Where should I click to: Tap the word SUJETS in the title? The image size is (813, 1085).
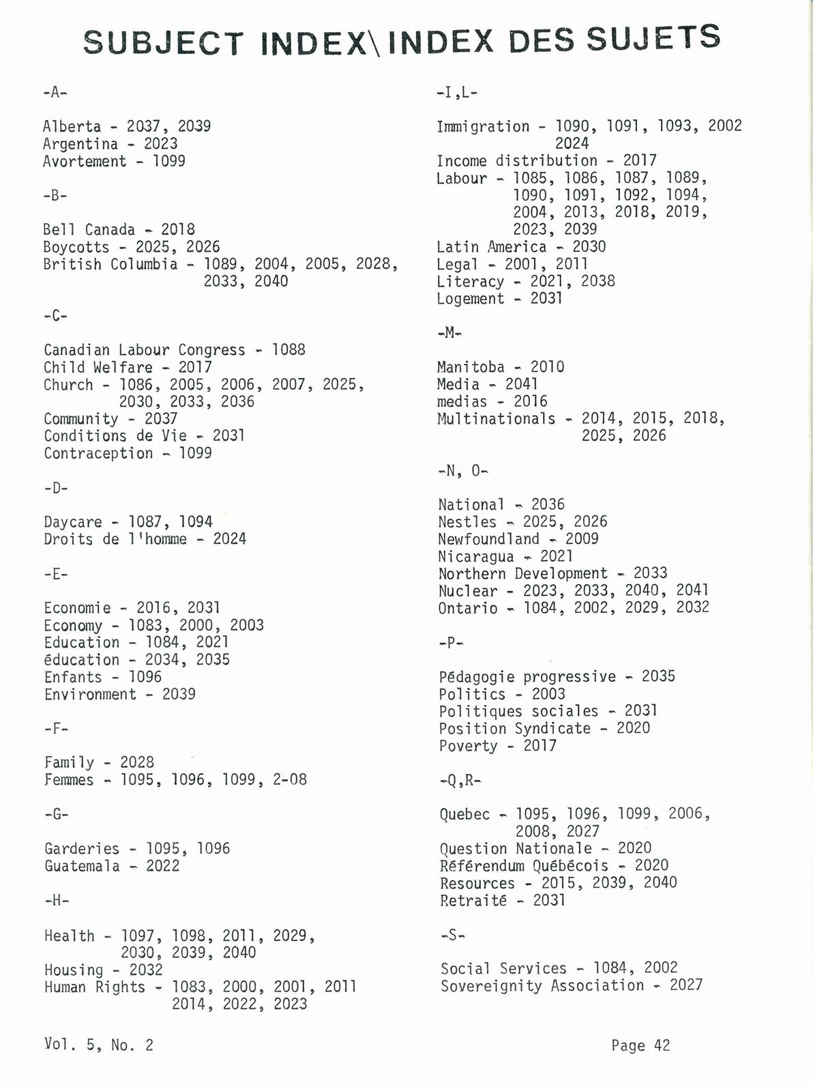click(x=653, y=38)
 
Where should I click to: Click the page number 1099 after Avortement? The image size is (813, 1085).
click(x=168, y=161)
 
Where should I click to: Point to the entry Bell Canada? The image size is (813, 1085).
click(x=89, y=230)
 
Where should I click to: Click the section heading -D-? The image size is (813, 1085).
click(x=55, y=488)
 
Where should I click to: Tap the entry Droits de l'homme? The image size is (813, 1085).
click(x=115, y=539)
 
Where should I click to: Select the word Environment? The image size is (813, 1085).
click(x=90, y=695)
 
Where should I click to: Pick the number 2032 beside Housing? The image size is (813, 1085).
click(x=146, y=970)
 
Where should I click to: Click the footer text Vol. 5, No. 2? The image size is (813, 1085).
click(x=99, y=1044)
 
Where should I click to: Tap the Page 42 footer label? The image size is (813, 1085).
click(x=640, y=1045)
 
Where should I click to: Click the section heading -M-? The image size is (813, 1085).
click(x=449, y=333)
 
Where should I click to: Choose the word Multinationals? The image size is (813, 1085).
click(x=496, y=418)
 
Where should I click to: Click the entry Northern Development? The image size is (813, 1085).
click(x=522, y=574)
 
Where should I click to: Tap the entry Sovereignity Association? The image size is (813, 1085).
click(x=542, y=986)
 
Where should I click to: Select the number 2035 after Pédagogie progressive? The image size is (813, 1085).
click(x=658, y=676)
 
